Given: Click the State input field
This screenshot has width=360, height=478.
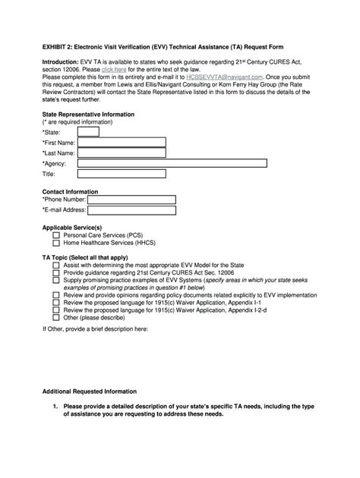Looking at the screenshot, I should (x=88, y=131).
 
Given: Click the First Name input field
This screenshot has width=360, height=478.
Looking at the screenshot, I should (x=122, y=142).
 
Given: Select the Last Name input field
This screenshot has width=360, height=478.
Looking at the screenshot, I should (x=122, y=153).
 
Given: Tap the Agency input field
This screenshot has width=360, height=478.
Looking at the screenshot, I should (x=172, y=162).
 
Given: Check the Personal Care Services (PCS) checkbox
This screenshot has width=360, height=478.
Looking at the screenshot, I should (x=56, y=236).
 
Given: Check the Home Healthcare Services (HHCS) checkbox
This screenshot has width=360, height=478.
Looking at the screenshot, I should (x=56, y=244).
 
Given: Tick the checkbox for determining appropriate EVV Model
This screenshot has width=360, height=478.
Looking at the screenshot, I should (x=56, y=265).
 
